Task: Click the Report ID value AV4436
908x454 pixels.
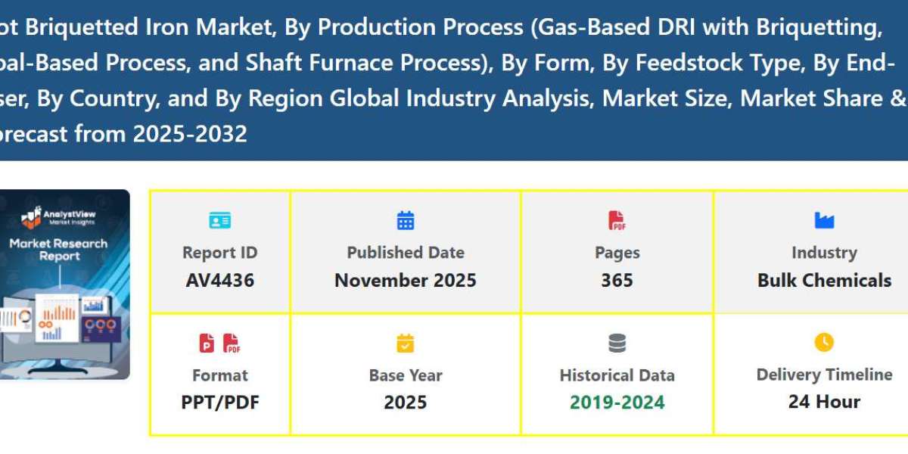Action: (219, 281)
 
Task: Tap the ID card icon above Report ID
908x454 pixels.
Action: (219, 221)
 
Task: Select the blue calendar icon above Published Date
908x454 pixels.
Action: (406, 220)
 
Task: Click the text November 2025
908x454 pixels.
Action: (406, 281)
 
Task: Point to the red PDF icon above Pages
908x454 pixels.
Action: (617, 220)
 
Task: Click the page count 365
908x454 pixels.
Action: (617, 281)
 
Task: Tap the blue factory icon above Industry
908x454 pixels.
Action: (824, 220)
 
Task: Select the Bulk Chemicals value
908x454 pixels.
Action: (824, 281)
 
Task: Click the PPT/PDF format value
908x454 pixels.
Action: (219, 403)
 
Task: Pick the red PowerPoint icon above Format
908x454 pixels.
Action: (207, 344)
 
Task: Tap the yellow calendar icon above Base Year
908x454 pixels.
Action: (406, 344)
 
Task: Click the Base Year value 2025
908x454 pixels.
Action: (406, 403)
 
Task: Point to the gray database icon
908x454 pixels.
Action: (617, 344)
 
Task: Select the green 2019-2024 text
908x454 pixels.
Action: (617, 403)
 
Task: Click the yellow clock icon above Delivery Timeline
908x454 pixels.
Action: (824, 343)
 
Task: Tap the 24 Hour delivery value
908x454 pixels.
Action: (824, 402)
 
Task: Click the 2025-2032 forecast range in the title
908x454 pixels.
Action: (190, 135)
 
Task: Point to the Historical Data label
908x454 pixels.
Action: (617, 375)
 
